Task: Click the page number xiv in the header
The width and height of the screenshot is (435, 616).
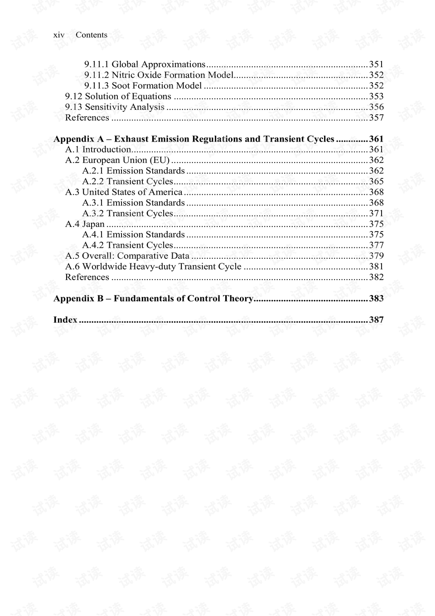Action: (59, 35)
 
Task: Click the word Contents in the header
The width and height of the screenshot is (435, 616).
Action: (92, 35)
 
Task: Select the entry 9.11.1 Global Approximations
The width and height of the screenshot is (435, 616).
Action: (145, 64)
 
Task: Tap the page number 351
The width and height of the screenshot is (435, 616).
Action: (376, 64)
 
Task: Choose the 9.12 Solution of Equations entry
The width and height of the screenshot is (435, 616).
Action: (118, 96)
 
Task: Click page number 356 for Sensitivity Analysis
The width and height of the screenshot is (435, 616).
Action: (376, 107)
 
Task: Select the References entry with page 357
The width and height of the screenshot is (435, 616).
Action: (87, 118)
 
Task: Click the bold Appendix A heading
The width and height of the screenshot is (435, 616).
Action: (194, 139)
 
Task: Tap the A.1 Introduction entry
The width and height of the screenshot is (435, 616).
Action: (98, 149)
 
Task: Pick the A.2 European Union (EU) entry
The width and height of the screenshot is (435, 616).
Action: (117, 160)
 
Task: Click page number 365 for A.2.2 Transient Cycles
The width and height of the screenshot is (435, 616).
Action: (376, 181)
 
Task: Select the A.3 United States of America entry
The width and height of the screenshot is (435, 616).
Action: (124, 192)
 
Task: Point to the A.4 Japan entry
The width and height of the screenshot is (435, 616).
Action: (85, 224)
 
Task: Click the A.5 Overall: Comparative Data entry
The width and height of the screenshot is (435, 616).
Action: (127, 256)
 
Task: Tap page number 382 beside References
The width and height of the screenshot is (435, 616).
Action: (376, 277)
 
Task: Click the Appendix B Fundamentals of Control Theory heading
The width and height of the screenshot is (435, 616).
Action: (153, 298)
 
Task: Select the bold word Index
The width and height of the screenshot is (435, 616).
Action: (65, 320)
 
